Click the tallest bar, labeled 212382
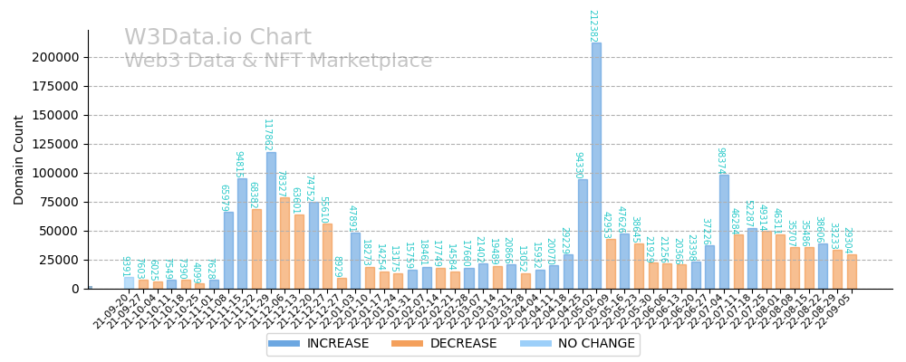point(596,166)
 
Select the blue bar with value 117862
point(271,220)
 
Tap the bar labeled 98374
point(724,232)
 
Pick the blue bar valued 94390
point(583,233)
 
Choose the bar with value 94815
point(242,233)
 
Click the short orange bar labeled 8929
point(342,283)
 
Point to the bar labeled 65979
point(228,251)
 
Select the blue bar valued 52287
point(752,258)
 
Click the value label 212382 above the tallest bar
point(593,25)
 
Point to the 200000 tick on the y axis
point(55,57)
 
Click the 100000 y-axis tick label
point(55,173)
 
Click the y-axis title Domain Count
point(19,159)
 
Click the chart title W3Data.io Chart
point(217,38)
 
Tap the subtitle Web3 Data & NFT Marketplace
point(278,62)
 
